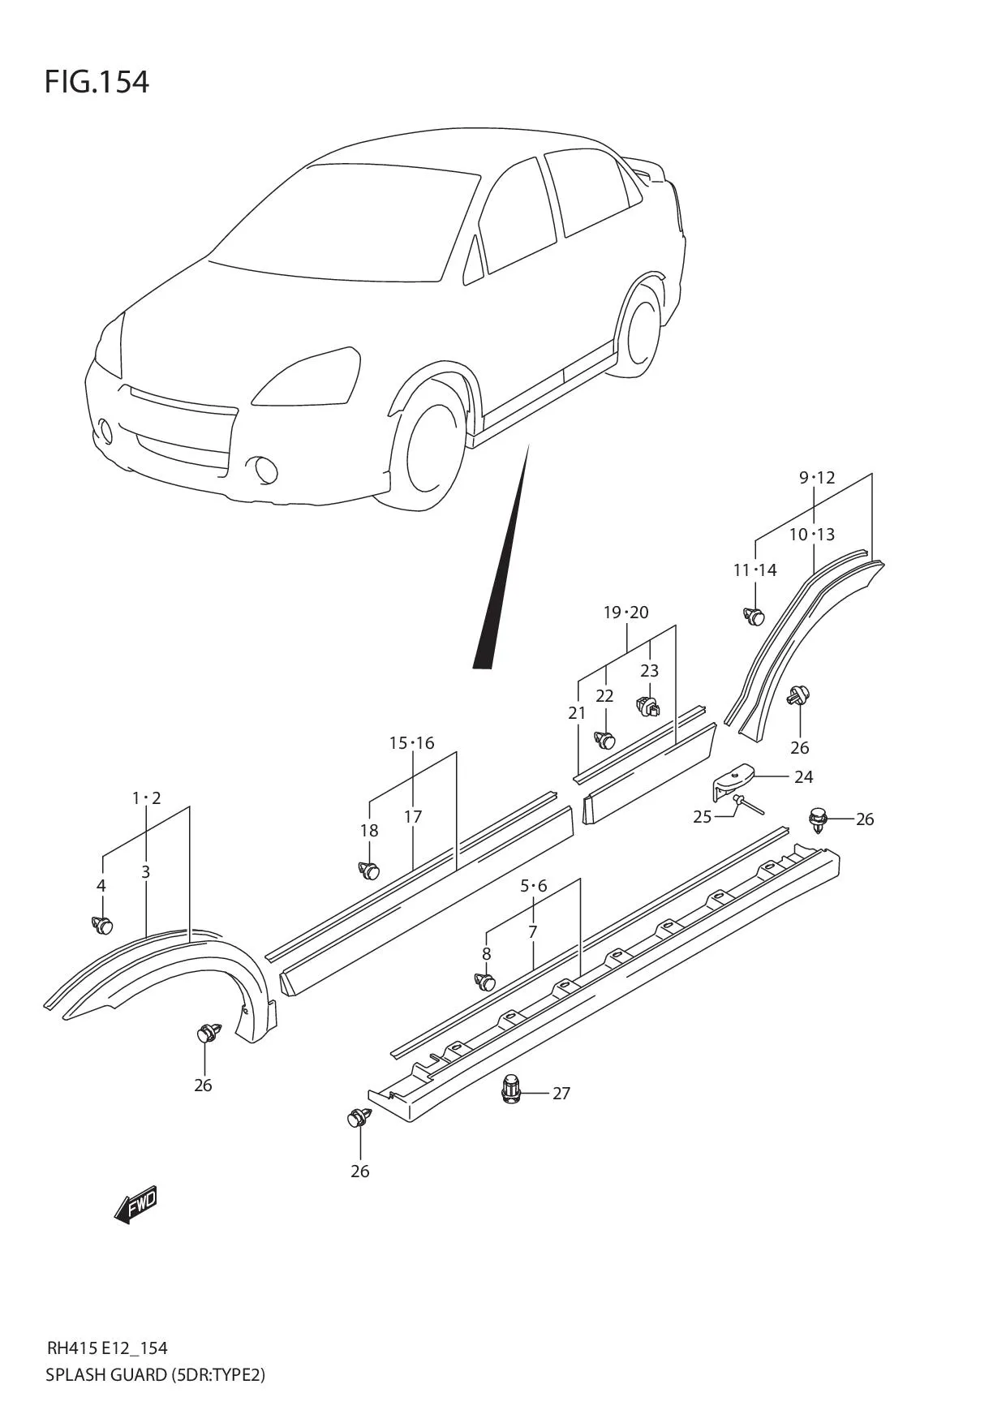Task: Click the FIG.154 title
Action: click(x=97, y=82)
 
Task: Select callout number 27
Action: click(x=561, y=1093)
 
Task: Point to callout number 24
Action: click(x=803, y=777)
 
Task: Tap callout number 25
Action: click(x=702, y=817)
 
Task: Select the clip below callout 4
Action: click(x=102, y=924)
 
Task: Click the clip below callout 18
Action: click(x=369, y=871)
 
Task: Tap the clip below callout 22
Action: click(x=605, y=739)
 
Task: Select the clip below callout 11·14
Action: click(x=754, y=616)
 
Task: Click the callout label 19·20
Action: click(x=626, y=613)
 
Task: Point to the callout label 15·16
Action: click(x=411, y=743)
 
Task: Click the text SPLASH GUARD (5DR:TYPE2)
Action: click(x=156, y=1374)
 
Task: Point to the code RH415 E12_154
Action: click(x=107, y=1348)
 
